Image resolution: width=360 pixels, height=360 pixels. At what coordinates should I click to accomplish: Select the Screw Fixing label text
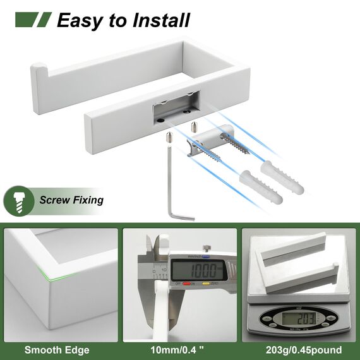[x=71, y=201]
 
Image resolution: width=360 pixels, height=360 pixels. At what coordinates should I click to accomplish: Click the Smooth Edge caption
[x=57, y=349]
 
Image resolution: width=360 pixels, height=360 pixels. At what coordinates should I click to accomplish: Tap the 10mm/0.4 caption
[x=179, y=349]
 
